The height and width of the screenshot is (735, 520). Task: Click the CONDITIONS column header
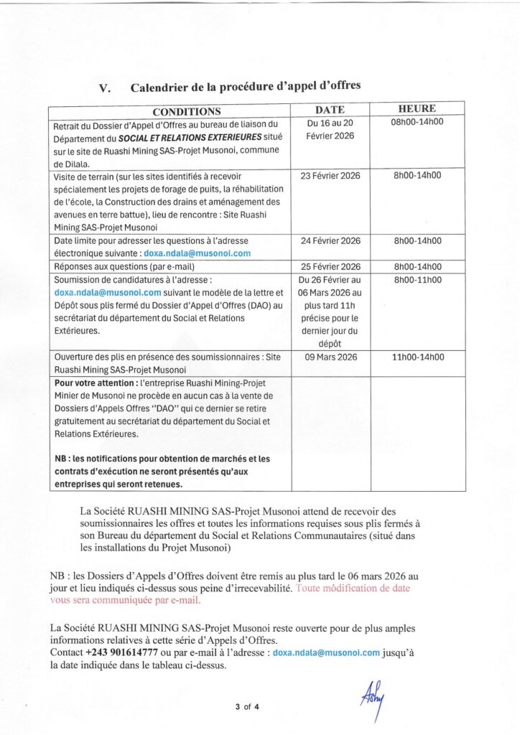(x=186, y=111)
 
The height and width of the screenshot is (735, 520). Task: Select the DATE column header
(x=330, y=110)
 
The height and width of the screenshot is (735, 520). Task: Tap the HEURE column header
(x=417, y=108)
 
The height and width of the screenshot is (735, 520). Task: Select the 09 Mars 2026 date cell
(x=330, y=357)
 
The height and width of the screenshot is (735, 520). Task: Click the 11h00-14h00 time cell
(x=417, y=357)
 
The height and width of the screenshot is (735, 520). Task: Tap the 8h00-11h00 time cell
(x=417, y=279)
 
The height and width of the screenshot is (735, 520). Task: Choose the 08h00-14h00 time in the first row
(x=417, y=122)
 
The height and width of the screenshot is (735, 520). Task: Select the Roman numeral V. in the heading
(x=105, y=88)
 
